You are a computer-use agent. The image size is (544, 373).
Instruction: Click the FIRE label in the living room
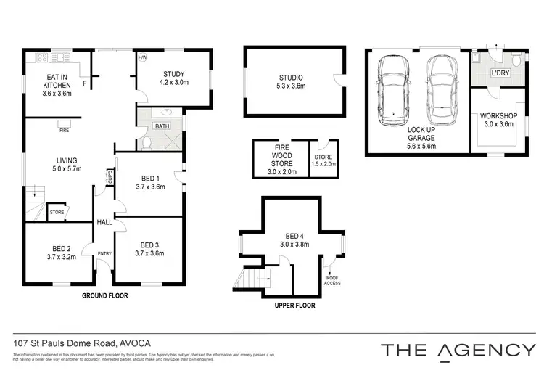pyautogui.click(x=64, y=131)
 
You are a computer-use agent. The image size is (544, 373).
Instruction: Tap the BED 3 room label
pyautogui.click(x=149, y=249)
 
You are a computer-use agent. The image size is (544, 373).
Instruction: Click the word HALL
pyautogui.click(x=104, y=222)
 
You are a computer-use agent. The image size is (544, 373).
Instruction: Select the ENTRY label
pyautogui.click(x=104, y=253)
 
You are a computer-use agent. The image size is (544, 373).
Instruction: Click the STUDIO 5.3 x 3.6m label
pyautogui.click(x=290, y=82)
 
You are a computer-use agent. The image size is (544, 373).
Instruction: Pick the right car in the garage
pyautogui.click(x=441, y=91)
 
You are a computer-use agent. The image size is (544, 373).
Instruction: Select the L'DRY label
pyautogui.click(x=501, y=74)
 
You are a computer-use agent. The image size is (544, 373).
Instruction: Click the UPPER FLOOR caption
pyautogui.click(x=294, y=306)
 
